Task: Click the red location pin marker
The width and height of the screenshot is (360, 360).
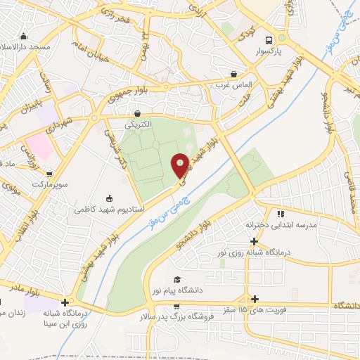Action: (180, 166)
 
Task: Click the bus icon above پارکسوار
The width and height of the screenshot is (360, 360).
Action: (268, 41)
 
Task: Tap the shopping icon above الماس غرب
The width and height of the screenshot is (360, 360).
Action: (233, 72)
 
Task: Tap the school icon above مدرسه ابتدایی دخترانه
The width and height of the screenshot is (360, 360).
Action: (281, 214)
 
